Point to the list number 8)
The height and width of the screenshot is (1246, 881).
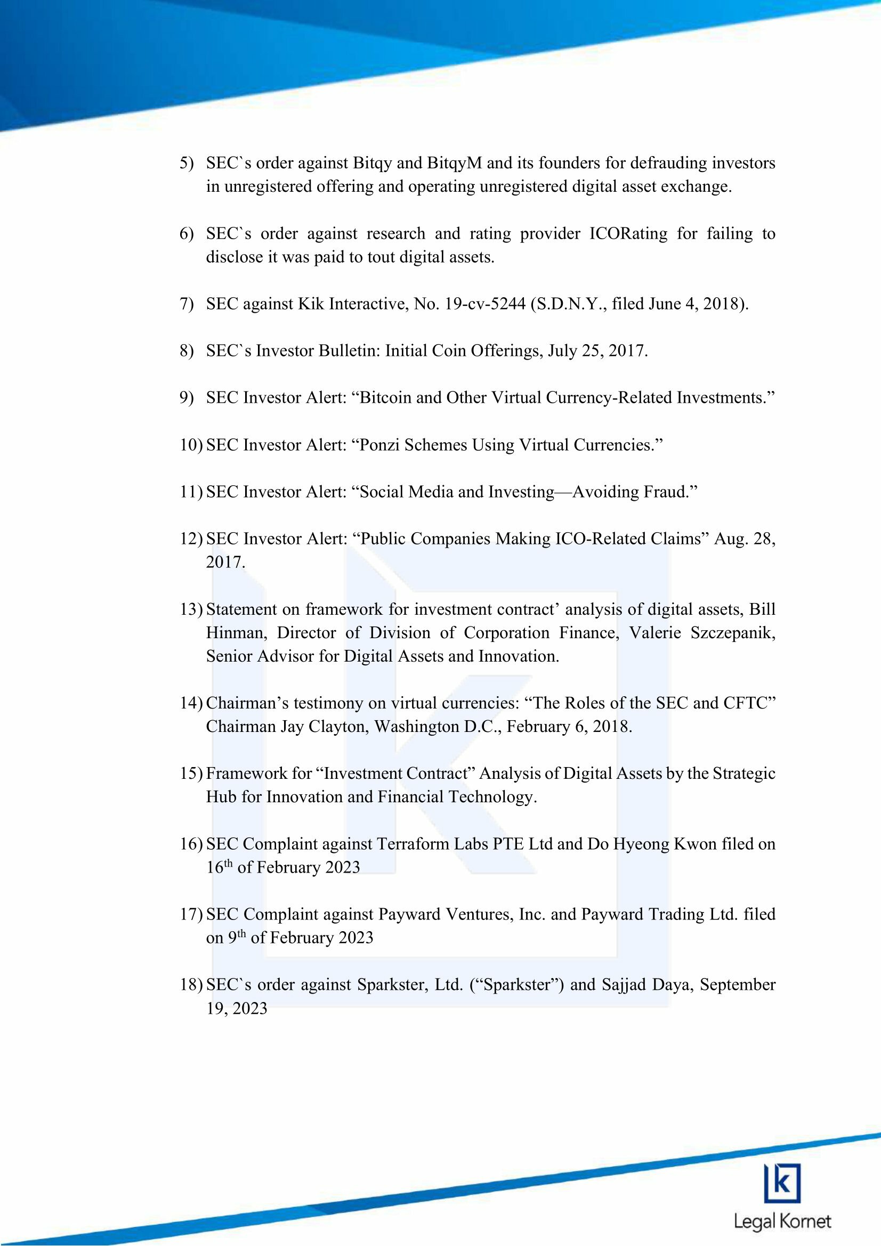[187, 351]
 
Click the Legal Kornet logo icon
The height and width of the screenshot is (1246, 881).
[782, 1184]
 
